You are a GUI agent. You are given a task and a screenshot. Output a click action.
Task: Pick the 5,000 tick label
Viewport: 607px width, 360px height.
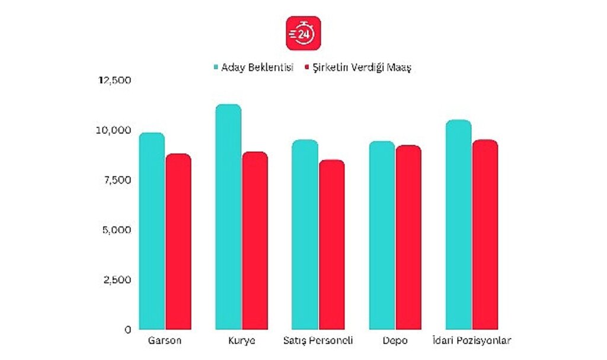click(x=114, y=230)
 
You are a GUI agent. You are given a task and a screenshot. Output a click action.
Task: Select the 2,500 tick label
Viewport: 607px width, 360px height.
click(x=114, y=279)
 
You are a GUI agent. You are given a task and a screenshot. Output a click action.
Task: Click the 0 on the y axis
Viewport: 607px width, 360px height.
click(x=127, y=329)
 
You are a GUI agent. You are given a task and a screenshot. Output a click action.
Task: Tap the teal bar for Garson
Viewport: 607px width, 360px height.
click(x=152, y=231)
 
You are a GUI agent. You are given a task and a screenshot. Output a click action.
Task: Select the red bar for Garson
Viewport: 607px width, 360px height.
click(x=178, y=242)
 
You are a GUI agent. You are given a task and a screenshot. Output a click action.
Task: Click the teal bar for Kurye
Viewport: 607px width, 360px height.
click(x=228, y=217)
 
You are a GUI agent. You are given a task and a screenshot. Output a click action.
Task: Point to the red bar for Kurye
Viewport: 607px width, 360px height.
click(x=254, y=241)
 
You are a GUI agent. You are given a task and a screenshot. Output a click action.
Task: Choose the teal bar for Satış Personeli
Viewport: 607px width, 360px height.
click(x=305, y=235)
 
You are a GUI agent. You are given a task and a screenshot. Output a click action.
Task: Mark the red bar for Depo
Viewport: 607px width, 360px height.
click(x=408, y=237)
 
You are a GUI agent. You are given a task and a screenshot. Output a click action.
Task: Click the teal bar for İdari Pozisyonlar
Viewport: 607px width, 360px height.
click(x=458, y=225)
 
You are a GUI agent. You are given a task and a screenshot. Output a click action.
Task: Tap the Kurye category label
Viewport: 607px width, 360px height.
click(x=241, y=341)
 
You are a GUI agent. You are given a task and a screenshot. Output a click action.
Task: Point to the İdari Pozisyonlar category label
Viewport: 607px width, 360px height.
click(x=471, y=341)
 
